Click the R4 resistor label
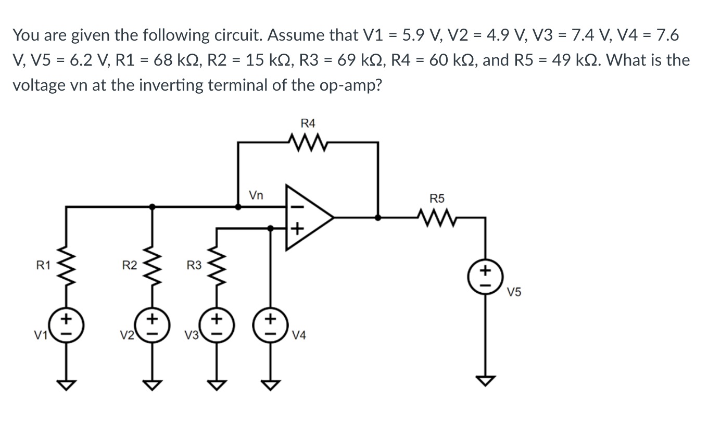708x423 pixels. (x=308, y=123)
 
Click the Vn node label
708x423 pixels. (x=256, y=196)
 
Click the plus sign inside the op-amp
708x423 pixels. (x=296, y=229)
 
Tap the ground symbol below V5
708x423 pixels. (x=485, y=382)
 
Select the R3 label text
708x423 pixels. (x=194, y=266)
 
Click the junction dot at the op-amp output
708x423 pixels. (x=378, y=218)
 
